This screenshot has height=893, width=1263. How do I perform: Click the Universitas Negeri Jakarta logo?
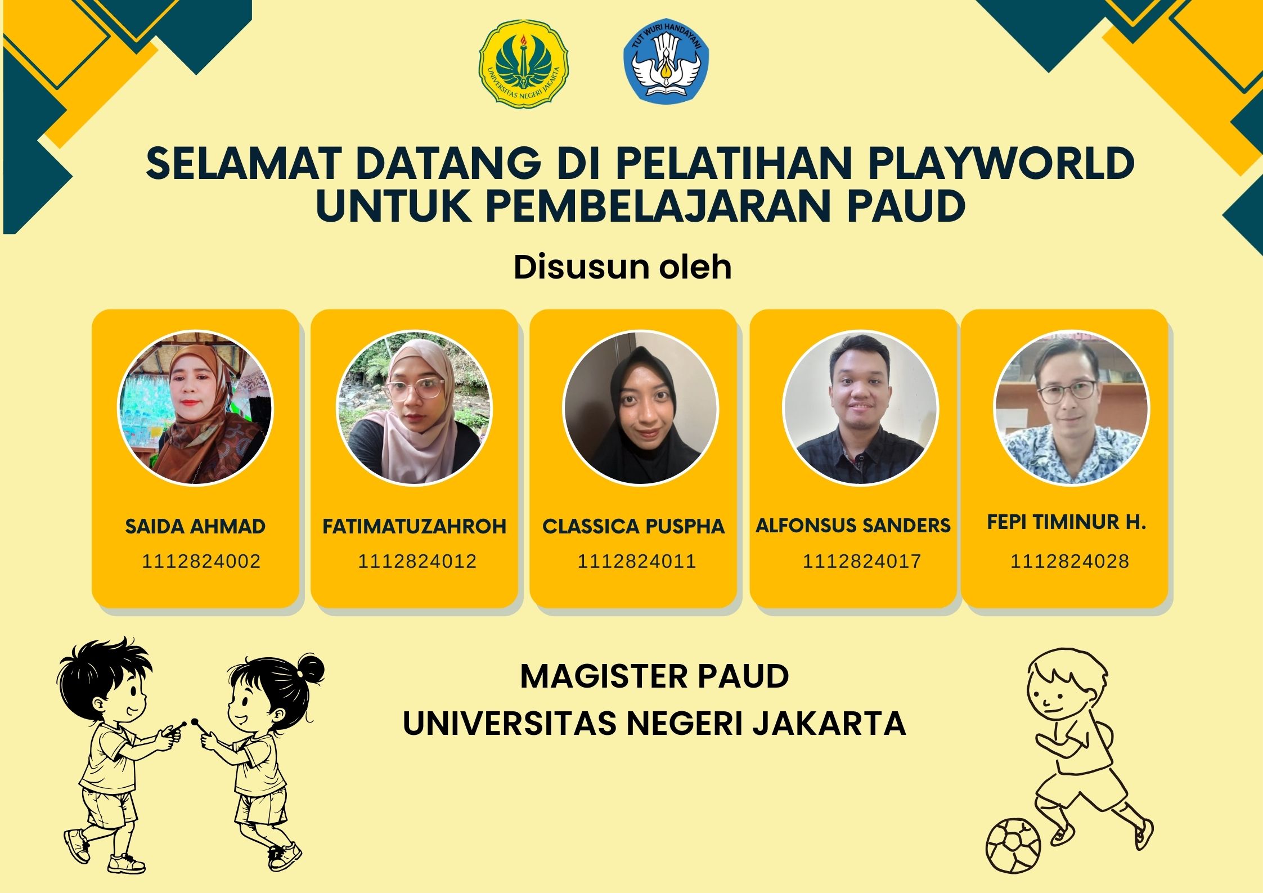pos(523,64)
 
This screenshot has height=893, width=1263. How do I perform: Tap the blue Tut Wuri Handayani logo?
pos(666,61)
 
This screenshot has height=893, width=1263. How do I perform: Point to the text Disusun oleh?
pos(622,267)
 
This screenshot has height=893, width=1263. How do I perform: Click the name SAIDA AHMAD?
pos(195,527)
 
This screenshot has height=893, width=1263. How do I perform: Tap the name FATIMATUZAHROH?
pos(414,527)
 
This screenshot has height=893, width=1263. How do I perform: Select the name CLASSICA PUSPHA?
pos(633,527)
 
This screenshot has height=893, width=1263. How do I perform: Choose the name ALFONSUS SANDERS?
pos(853,526)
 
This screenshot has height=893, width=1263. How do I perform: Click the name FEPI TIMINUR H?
pos(1066,523)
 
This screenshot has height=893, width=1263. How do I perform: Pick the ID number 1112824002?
pos(201,562)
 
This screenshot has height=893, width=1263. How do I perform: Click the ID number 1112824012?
pos(417,562)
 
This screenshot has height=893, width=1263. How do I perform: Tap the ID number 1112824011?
pos(637,562)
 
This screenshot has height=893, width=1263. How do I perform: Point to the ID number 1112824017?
pos(861,562)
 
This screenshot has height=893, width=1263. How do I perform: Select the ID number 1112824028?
pos(1069,562)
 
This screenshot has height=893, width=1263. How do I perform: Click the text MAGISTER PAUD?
pos(654,676)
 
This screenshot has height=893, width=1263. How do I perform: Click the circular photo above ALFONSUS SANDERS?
pos(860,408)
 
